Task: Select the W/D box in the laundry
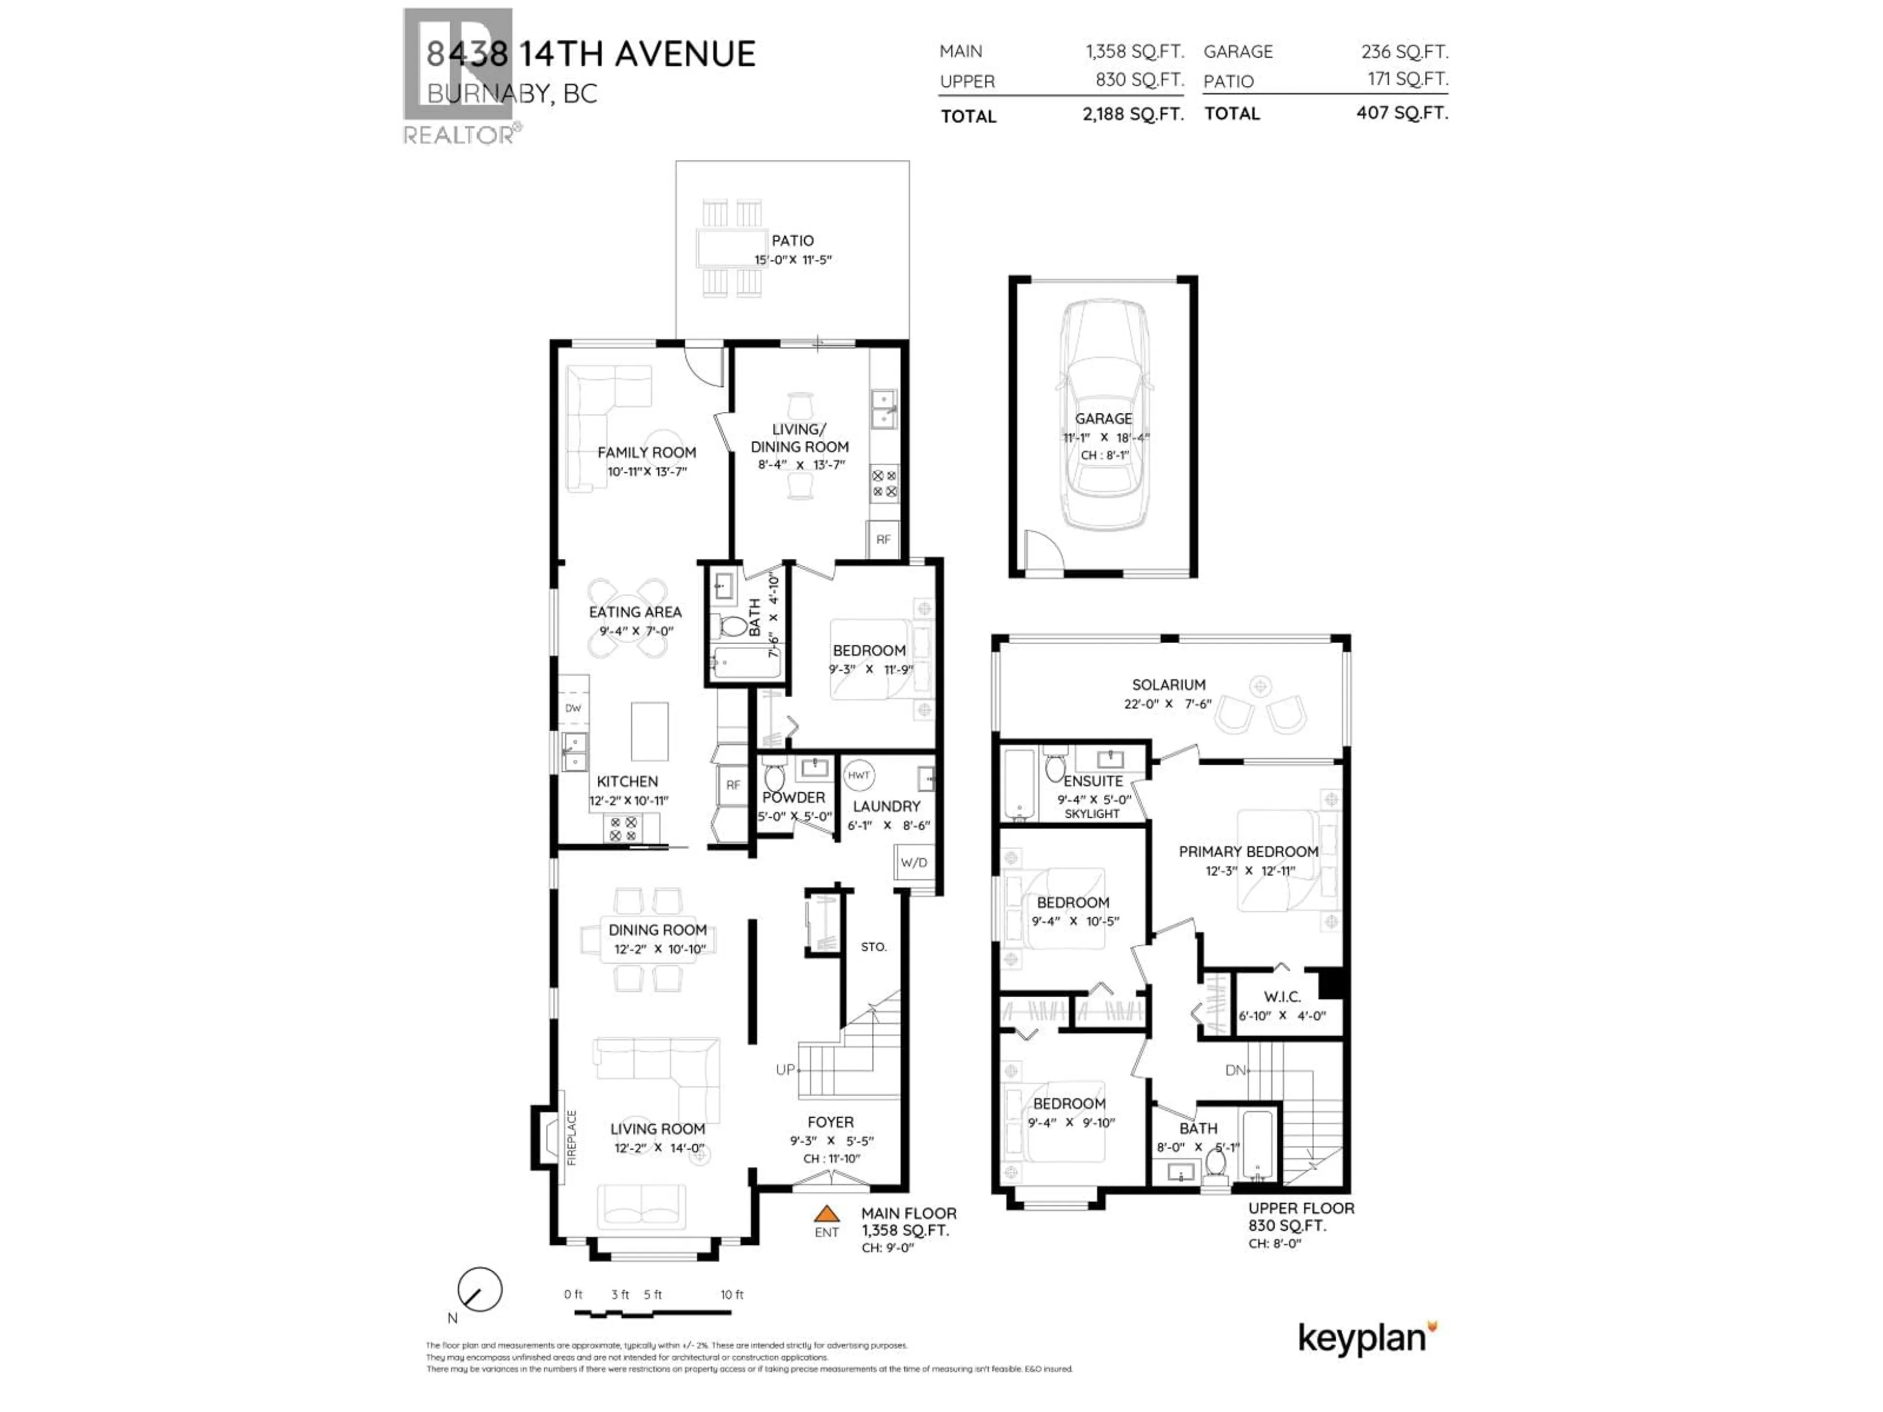914,862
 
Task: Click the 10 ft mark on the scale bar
732,1294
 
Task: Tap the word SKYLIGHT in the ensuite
1092,814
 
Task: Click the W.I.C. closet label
1282,997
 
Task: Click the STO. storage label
873,946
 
